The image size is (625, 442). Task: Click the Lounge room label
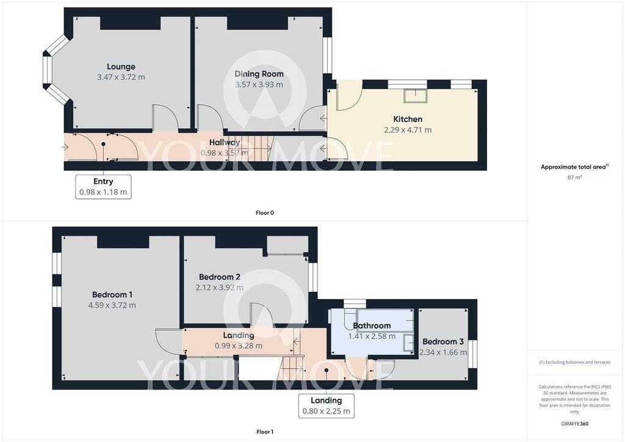(121, 67)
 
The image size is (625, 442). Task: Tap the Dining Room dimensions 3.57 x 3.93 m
(259, 84)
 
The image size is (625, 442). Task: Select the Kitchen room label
(408, 119)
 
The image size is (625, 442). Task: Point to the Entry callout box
(103, 187)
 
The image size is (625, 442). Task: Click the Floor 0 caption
(265, 212)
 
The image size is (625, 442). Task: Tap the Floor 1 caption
(265, 432)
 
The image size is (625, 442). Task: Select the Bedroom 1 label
(112, 294)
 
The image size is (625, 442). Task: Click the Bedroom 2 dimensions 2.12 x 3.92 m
(220, 288)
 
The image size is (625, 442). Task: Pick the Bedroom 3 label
(443, 341)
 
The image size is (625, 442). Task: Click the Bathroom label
(372, 325)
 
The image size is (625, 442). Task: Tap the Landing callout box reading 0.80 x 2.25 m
(327, 406)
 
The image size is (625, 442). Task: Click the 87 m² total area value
(574, 177)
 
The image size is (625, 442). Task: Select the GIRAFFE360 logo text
(574, 424)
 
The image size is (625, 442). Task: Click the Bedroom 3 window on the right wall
(472, 353)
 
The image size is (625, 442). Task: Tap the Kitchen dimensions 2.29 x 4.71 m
(408, 129)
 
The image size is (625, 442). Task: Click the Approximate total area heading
(574, 167)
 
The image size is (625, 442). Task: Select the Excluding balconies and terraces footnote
(574, 362)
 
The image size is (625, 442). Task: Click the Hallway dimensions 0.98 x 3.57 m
(225, 153)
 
